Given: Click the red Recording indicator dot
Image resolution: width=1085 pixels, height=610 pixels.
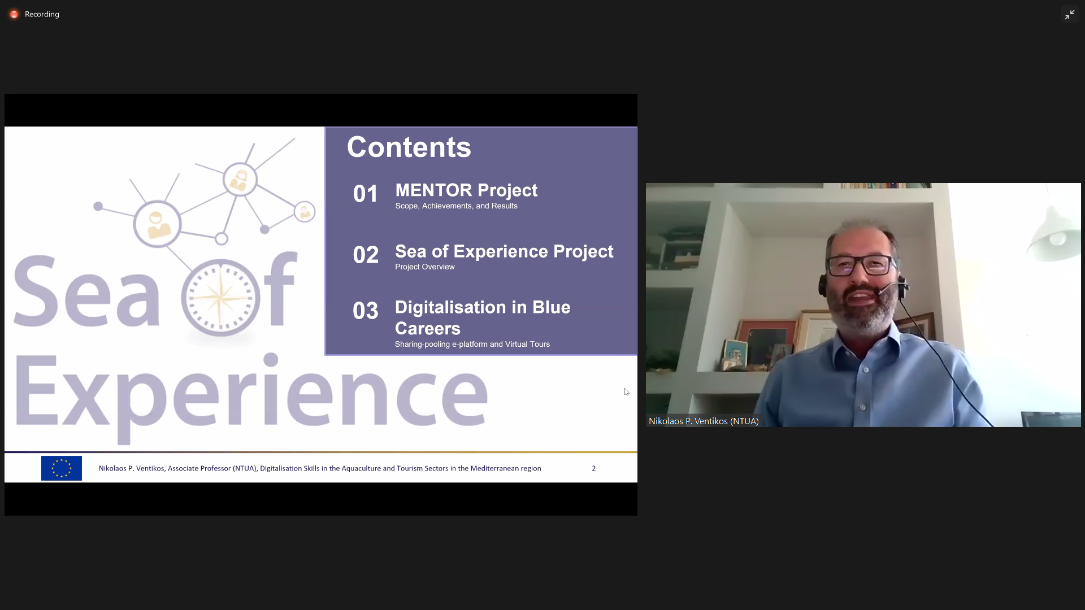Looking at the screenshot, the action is pos(14,14).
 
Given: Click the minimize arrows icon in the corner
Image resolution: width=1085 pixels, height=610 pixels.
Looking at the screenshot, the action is pos(1070,15).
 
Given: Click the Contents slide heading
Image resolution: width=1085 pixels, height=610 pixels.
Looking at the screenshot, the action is pos(409,147).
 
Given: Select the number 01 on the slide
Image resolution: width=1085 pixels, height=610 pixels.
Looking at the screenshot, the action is pos(366,194).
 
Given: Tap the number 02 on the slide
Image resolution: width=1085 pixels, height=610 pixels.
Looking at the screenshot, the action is pos(366,255).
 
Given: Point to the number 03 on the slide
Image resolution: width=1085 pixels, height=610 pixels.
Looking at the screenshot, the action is pos(366,311).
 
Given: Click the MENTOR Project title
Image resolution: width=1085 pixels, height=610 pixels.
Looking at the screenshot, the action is pos(466,190).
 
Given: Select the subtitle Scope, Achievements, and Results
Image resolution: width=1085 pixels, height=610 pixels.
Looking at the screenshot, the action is pos(456,206).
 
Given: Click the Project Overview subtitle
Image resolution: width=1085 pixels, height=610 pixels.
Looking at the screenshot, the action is pos(424,267).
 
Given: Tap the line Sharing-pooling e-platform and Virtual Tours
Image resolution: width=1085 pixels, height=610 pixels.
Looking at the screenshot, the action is pos(472,344).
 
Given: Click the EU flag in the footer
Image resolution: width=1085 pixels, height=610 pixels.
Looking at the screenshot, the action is pos(62,468).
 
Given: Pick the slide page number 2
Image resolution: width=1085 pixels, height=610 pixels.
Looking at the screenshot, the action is pos(594,468).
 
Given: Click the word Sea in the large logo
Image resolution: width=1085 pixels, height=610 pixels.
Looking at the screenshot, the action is pos(86,293).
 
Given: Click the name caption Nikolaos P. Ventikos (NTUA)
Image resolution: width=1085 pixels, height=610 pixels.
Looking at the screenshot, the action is pos(704,421).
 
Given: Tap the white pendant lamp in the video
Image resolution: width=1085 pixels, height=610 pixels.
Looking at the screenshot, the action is pos(1054,234).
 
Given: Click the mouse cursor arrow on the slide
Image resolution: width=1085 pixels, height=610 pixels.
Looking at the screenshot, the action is pos(627,392).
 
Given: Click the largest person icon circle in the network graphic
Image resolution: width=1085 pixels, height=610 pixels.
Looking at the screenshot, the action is pos(157,224).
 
